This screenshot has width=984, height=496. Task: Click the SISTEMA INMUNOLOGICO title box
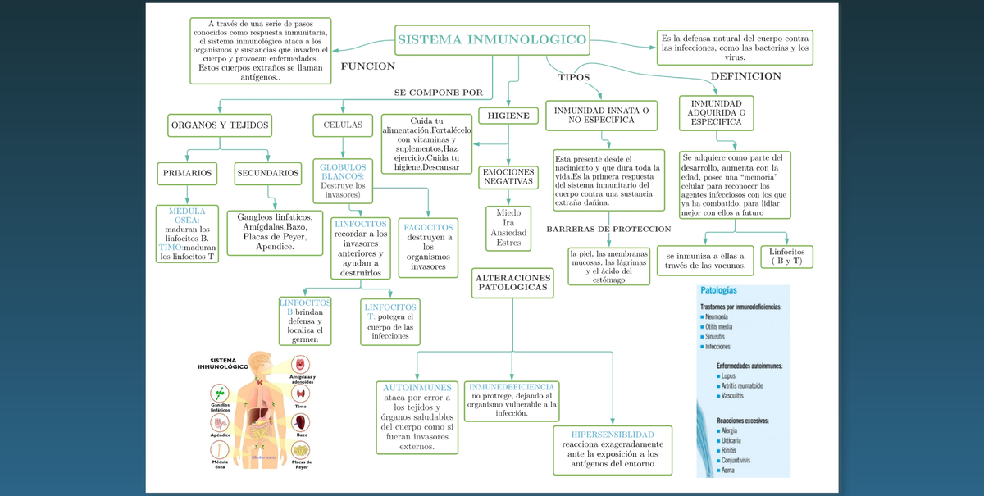point(492,39)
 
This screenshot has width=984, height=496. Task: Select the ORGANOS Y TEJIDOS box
point(219,125)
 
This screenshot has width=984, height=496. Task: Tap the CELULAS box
point(343,125)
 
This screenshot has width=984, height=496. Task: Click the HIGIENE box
point(508,116)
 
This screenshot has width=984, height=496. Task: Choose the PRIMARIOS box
point(187,174)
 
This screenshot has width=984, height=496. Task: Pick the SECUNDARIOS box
point(267,174)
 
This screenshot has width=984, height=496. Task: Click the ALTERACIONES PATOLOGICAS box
point(512,284)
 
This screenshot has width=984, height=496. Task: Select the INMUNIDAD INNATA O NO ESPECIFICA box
point(602,115)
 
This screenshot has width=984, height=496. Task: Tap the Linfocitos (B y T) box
point(786,256)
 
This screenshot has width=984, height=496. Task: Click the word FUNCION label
point(367,66)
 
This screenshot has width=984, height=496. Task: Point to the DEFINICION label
point(745,76)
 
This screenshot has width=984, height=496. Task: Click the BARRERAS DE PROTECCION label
point(608,229)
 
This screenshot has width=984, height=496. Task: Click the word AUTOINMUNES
point(417,387)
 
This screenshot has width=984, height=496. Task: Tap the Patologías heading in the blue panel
point(718,291)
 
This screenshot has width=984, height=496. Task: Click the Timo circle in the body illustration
point(302,393)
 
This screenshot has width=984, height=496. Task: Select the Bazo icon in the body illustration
point(302,423)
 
